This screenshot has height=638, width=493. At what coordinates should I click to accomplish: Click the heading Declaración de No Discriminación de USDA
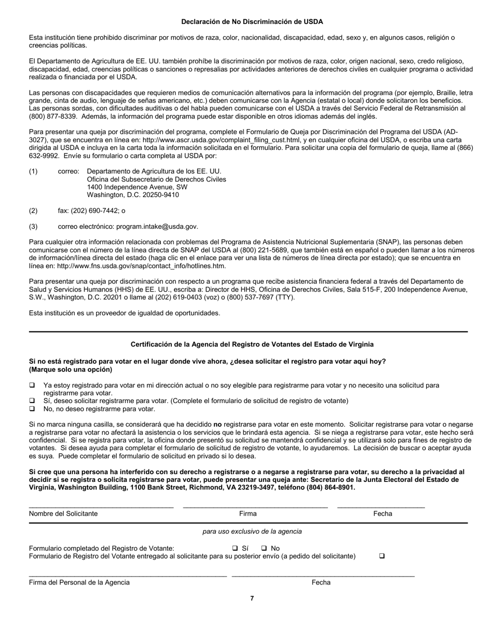tap(252, 22)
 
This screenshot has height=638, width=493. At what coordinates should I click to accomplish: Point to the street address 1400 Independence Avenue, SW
tap(137, 187)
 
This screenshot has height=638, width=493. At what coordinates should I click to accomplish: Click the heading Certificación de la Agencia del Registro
tap(252, 344)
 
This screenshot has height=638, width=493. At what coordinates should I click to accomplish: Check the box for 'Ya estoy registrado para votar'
tap(32, 385)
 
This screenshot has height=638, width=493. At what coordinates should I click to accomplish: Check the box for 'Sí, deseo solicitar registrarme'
tap(32, 401)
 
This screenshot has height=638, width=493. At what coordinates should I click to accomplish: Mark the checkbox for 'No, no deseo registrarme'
tap(32, 409)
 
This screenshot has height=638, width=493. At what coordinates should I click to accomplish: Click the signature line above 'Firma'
tap(255, 506)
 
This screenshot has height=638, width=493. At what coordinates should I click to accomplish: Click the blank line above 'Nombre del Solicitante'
tap(101, 506)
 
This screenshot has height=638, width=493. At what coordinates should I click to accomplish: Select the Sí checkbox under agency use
tap(235, 548)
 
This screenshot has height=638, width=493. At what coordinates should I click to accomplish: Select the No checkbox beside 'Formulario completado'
tap(264, 548)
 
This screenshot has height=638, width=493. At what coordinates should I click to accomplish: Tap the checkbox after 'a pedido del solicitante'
tap(382, 556)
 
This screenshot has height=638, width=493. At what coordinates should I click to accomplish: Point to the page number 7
tap(252, 599)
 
